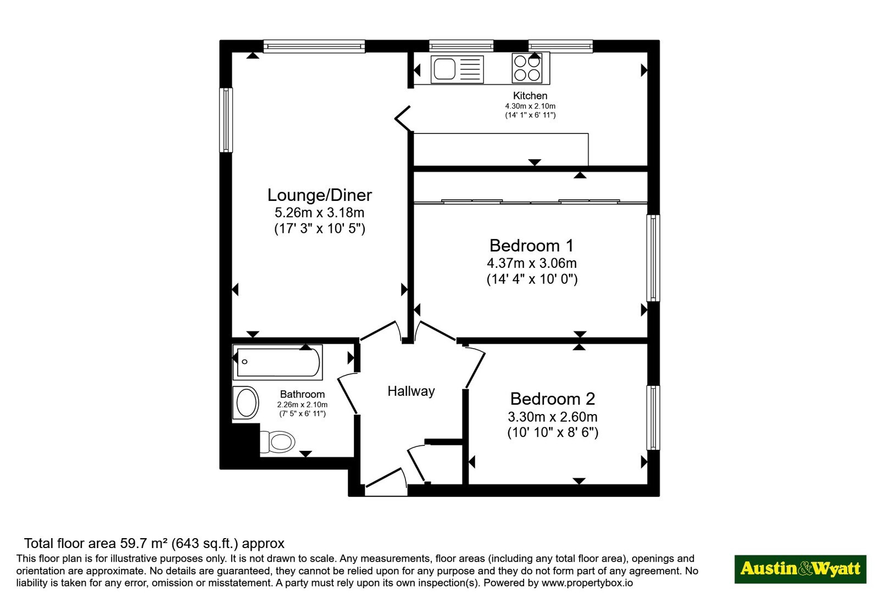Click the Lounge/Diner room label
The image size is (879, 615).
point(319,195)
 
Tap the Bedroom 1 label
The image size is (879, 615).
point(532,246)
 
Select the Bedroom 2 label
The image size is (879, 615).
point(553,399)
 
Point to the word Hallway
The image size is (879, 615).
point(411,392)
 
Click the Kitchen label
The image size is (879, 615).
point(530,96)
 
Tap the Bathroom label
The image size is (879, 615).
point(302,394)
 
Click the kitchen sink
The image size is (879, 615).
point(457,69)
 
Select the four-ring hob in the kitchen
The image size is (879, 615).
point(527,68)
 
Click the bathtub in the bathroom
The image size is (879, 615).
point(278,362)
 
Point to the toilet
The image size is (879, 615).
point(277,441)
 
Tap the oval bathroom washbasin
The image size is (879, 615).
point(246,403)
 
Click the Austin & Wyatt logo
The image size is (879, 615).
point(800,569)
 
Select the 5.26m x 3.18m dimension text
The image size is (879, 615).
point(319,213)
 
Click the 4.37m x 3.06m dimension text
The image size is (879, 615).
point(532,263)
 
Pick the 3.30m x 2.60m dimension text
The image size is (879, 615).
point(553,417)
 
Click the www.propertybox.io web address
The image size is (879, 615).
point(587,583)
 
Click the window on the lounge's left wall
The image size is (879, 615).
point(226,120)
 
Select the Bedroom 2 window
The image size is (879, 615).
point(653,417)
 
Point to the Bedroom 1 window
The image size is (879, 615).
point(653,258)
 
